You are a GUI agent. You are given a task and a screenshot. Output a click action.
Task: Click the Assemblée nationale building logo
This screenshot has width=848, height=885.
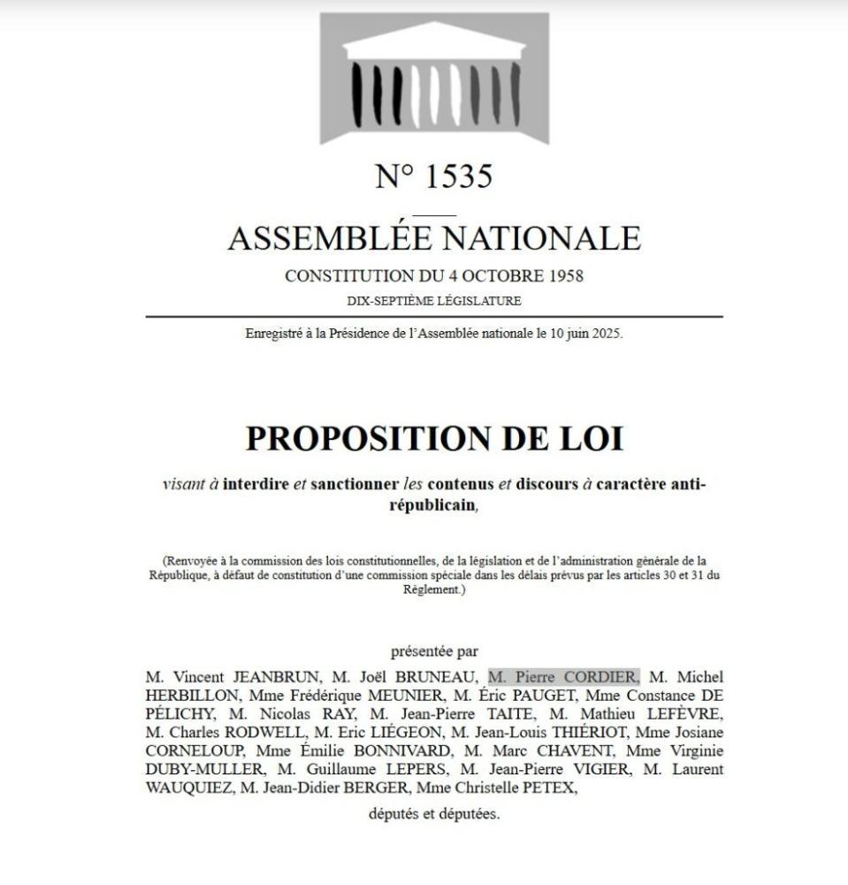(434, 78)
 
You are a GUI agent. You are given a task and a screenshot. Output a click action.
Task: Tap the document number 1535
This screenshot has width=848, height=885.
(458, 176)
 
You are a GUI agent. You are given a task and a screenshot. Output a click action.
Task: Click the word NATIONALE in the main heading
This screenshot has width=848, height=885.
(540, 238)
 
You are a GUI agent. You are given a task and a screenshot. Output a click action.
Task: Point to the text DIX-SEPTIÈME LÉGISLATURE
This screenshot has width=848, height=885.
(434, 301)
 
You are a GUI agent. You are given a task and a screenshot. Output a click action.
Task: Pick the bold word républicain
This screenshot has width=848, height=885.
(432, 505)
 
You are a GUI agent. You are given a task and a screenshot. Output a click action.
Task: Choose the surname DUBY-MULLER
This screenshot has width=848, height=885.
(203, 769)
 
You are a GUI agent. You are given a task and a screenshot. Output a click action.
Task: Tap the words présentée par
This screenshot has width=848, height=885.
(434, 651)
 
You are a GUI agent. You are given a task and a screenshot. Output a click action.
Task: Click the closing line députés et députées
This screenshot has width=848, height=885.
(434, 813)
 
